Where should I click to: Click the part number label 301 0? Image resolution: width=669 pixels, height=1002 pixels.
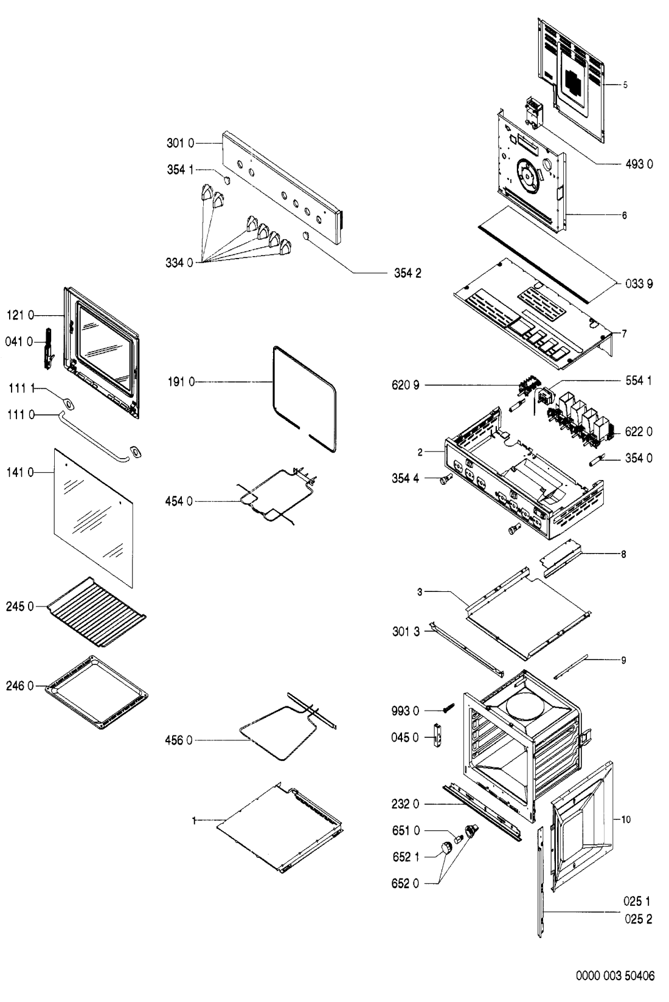[181, 143]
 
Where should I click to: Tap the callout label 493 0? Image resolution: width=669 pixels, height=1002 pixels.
[639, 164]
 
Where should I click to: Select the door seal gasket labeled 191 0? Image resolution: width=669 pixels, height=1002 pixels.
[304, 398]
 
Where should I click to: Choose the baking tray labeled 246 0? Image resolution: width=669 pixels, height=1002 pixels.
[97, 692]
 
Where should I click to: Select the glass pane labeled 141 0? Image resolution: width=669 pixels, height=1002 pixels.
[94, 518]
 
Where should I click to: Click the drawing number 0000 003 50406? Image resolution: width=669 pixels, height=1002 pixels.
[615, 976]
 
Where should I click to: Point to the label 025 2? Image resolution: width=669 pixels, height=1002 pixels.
[638, 919]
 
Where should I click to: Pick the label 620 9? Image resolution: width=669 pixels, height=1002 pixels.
[406, 385]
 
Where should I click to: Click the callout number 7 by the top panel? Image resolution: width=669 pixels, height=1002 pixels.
[624, 334]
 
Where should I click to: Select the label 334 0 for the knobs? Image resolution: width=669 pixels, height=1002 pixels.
[179, 263]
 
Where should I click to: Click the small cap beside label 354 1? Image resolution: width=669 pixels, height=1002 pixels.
[227, 180]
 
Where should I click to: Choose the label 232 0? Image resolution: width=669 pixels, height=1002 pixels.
[405, 804]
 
